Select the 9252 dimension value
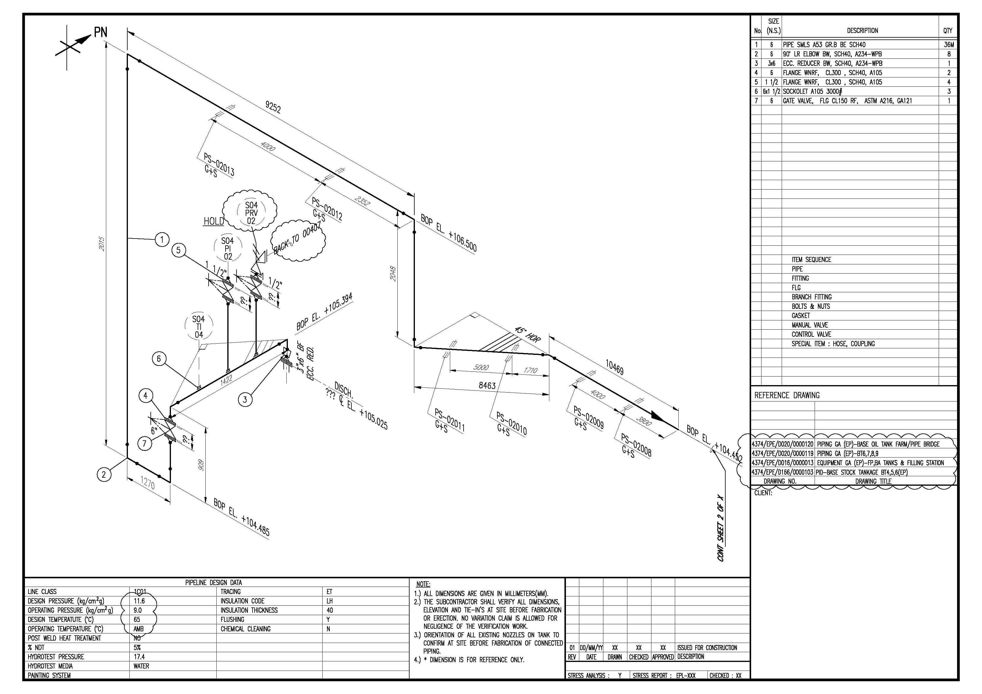click(273, 107)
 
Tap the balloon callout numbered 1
click(162, 239)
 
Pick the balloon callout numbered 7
click(145, 443)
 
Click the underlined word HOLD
click(213, 221)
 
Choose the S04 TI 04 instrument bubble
click(199, 327)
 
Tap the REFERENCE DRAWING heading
click(786, 395)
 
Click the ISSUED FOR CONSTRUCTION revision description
click(707, 647)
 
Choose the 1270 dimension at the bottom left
click(147, 484)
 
